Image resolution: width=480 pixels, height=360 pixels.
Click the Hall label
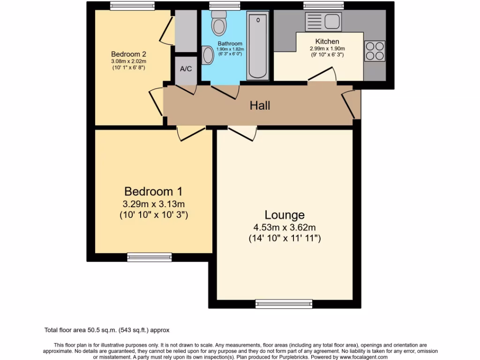[x=260, y=105]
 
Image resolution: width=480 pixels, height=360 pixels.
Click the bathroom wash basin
[x=208, y=55]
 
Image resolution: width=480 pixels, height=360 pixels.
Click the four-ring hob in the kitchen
[x=375, y=51]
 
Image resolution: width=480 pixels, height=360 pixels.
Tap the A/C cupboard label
[x=186, y=69]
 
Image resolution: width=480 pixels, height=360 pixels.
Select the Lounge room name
[x=285, y=215]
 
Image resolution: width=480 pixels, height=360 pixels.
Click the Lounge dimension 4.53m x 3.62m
[x=285, y=228]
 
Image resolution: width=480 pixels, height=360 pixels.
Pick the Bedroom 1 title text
[x=153, y=191]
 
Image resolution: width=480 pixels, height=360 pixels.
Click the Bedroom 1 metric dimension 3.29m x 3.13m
[x=153, y=204]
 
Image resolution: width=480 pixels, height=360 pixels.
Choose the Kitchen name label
[x=327, y=42]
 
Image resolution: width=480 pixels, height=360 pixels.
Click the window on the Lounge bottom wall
[x=284, y=304]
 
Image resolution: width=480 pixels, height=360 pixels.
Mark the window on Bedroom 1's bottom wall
[x=150, y=257]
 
